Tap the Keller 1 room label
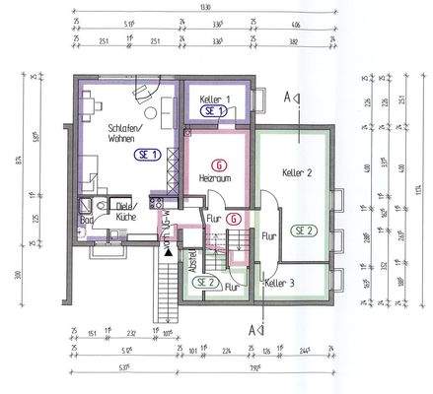click(215, 99)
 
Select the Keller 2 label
click(296, 173)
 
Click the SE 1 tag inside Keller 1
click(215, 111)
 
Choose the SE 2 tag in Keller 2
click(304, 230)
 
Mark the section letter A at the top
click(288, 98)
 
